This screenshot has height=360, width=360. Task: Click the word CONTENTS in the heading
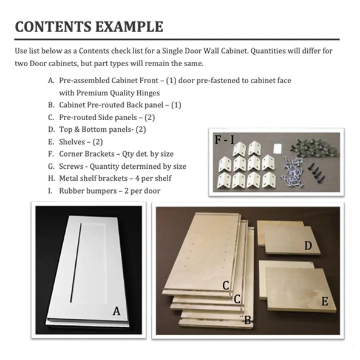coord(53,27)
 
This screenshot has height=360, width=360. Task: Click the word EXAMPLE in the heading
coord(129,27)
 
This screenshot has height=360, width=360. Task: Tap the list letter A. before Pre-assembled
coord(51,81)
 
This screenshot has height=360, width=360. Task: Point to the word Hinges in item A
coord(148,93)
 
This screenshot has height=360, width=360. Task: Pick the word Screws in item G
coord(71,166)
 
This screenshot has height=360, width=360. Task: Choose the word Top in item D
coord(65,130)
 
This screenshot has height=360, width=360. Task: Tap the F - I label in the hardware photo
coord(224,140)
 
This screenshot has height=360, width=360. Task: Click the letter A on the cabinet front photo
coord(117,311)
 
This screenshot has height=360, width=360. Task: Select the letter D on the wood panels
coord(308,246)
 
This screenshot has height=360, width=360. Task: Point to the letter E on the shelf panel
coord(325,302)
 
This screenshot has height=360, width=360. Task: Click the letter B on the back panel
coord(248,321)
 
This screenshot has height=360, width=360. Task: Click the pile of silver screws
coord(292,172)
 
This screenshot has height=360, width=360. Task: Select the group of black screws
coord(317,172)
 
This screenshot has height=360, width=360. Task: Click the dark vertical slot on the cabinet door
coord(76,262)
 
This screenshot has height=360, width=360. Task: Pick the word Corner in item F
coord(70,154)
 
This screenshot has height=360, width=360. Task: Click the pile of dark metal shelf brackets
coord(314,147)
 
